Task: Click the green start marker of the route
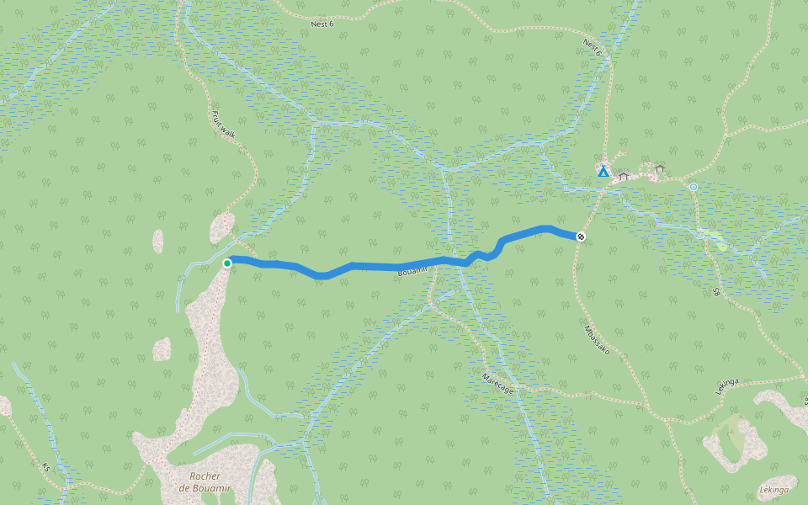(227, 263)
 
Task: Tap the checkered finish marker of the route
(581, 237)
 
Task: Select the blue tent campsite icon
(603, 171)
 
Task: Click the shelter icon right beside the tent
(624, 176)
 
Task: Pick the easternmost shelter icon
(660, 168)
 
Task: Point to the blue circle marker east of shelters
(693, 187)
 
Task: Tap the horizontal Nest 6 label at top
(322, 24)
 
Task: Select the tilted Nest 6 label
(593, 48)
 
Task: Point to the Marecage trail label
(498, 382)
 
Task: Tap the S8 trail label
(717, 292)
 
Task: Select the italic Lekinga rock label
(773, 490)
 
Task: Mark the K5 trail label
(46, 465)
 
